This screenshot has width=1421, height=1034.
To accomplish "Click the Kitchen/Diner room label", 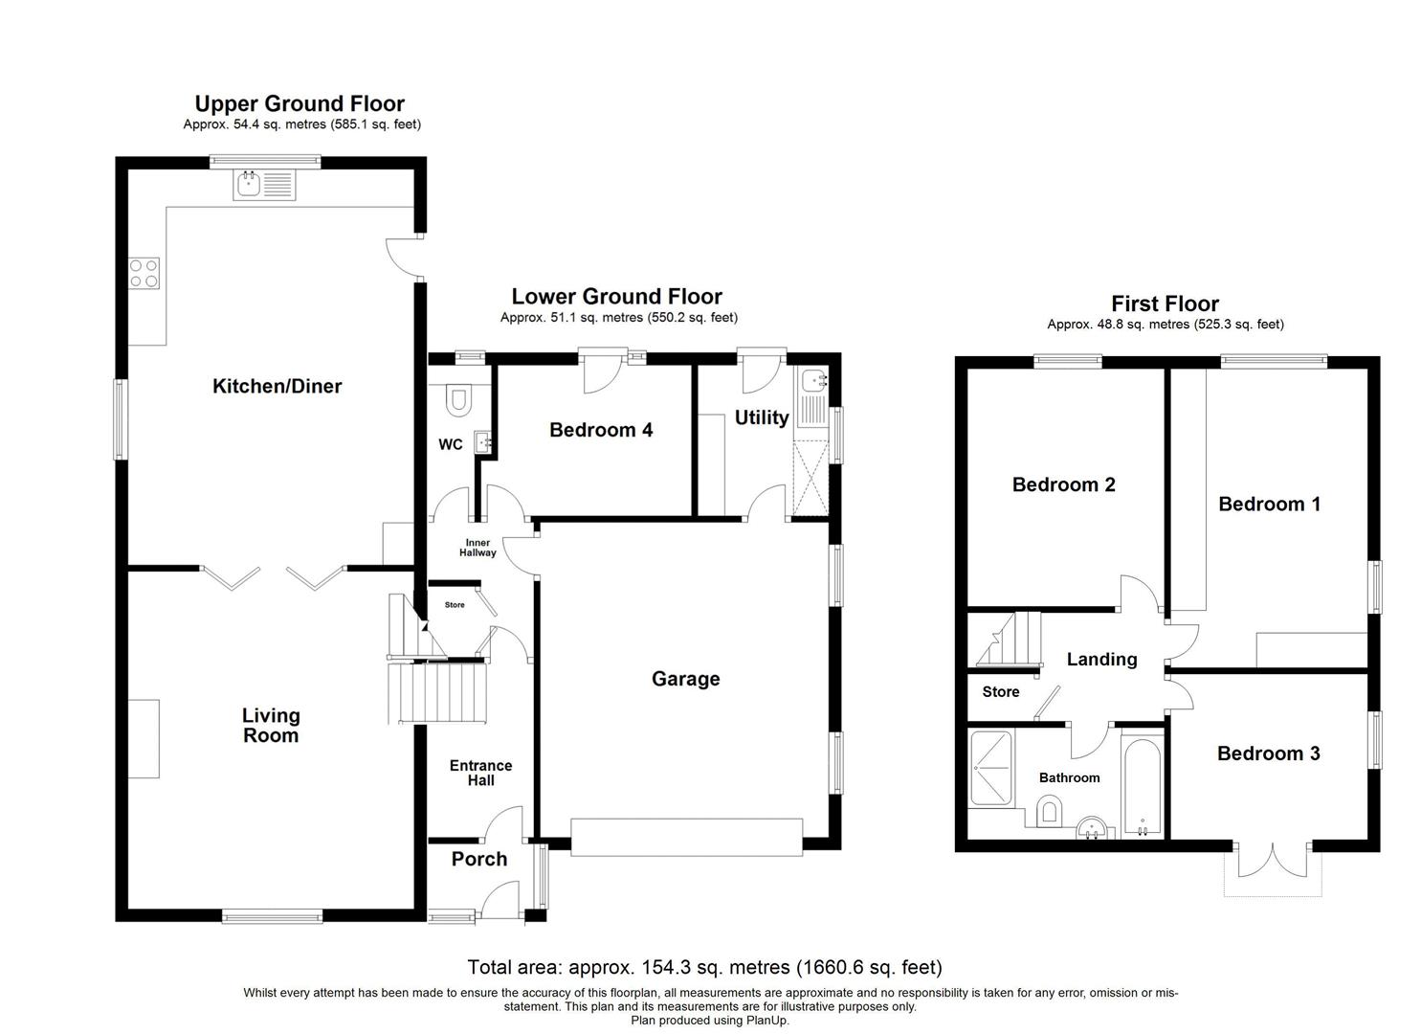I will [277, 387].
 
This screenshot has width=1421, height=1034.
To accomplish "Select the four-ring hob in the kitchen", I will [144, 274].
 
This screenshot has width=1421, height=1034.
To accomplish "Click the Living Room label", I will [271, 726].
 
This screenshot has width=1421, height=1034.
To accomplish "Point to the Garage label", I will [685, 679].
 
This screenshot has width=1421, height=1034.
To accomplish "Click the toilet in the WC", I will [458, 397].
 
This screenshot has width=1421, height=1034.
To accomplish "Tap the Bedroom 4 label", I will [601, 430].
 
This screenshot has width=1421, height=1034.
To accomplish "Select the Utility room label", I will [762, 417].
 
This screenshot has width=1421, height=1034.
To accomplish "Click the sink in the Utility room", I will [812, 382].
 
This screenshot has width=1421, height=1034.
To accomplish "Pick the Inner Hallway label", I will [477, 548].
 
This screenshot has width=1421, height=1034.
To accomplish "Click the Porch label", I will [479, 859].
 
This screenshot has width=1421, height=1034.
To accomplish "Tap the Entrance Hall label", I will [480, 773].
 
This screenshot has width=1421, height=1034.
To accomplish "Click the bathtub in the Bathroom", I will [1142, 786].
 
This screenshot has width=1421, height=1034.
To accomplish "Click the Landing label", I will [1101, 660].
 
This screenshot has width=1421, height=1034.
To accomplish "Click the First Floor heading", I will [1165, 304].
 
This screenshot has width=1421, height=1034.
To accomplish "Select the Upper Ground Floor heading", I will [300, 103].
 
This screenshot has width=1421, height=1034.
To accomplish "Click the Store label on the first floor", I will [1001, 692].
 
